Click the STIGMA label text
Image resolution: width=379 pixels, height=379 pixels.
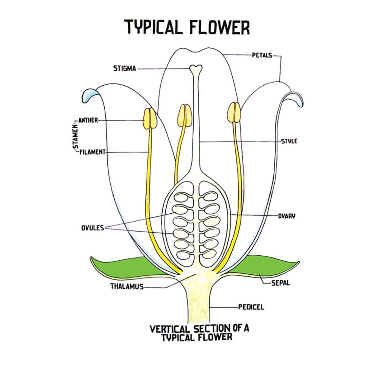124,69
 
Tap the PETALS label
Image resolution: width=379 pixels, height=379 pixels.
262,55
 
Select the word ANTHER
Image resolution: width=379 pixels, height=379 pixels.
88,120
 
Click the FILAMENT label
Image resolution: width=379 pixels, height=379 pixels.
92,152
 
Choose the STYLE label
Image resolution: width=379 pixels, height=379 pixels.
289,141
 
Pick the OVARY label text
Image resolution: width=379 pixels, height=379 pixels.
287,216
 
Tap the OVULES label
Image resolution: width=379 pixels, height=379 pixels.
92,228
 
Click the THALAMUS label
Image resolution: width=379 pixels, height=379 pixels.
127,287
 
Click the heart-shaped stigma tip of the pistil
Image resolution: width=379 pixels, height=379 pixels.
196,68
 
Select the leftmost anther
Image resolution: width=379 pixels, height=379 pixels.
149,118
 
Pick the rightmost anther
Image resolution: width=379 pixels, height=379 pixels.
234,112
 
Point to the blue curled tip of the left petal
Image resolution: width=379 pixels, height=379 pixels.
90,94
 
